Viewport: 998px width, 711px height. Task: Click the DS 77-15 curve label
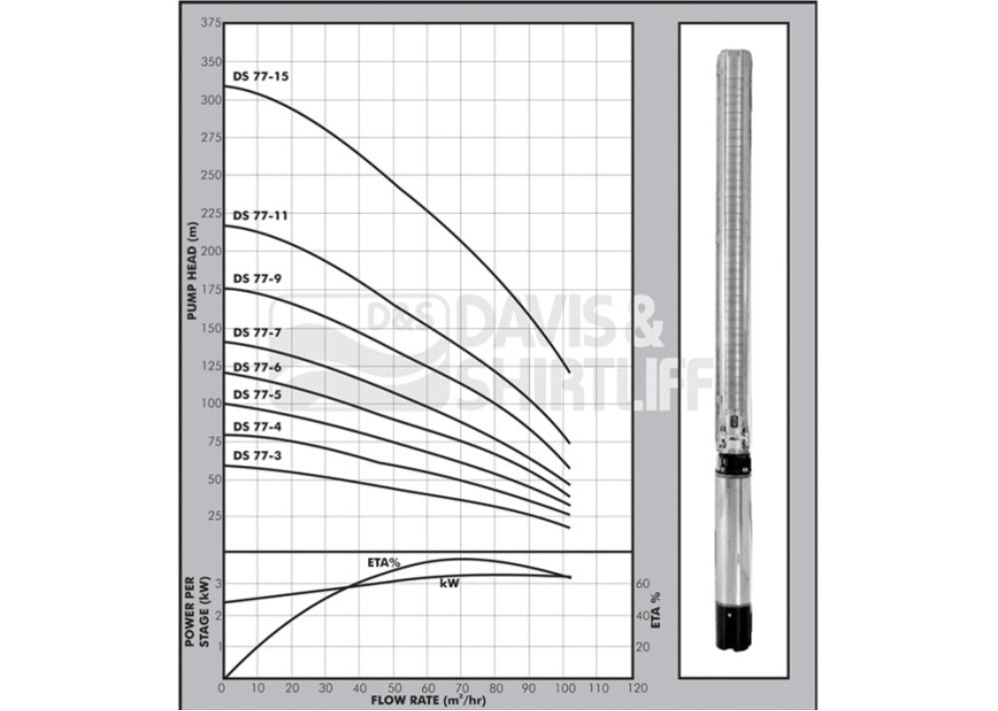260,77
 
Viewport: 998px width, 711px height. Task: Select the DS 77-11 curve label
260,216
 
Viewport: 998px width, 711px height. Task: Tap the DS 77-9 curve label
257,279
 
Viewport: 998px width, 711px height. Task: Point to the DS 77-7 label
257,334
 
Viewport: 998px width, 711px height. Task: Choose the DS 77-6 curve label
257,367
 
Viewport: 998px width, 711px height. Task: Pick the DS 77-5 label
257,395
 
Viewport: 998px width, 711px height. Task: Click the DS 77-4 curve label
257,426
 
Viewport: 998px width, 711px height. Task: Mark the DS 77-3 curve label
257,456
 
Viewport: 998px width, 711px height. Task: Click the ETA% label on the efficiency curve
384,562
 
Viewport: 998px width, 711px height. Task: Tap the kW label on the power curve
449,583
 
